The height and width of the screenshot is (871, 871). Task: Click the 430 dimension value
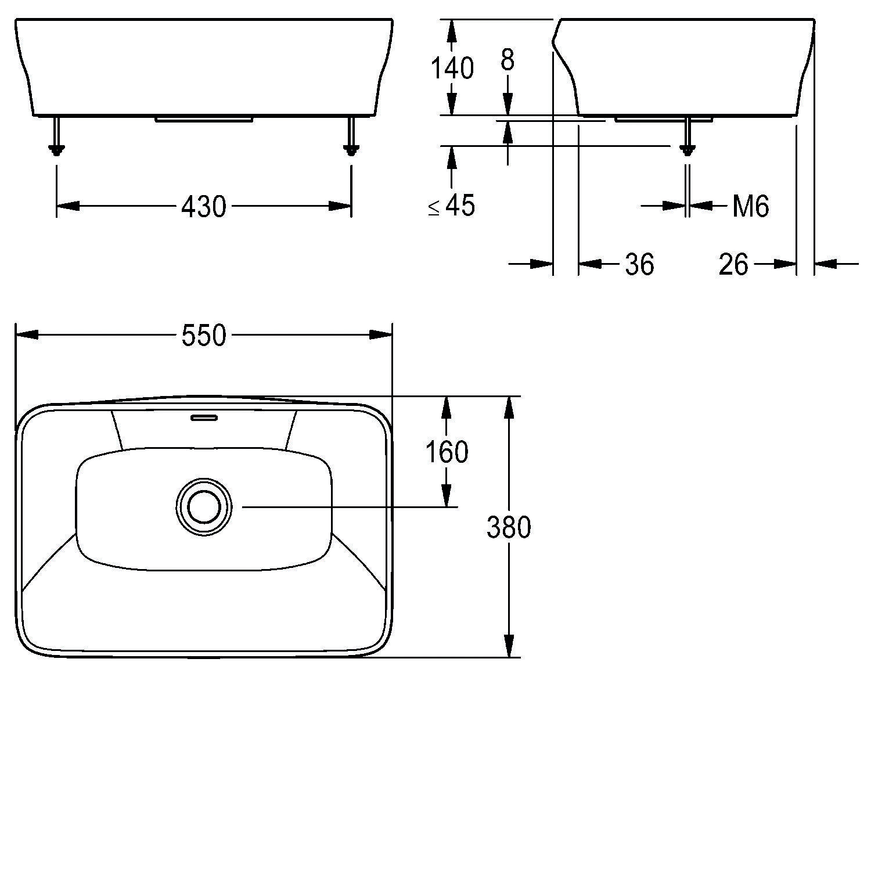coord(203,206)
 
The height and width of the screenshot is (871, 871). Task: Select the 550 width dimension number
coord(203,336)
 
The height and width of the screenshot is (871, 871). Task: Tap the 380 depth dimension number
coord(509,528)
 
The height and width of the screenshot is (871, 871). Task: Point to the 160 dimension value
coord(447,452)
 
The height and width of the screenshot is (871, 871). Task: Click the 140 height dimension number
coord(452,69)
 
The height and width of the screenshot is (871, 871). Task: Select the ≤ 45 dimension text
coord(452,206)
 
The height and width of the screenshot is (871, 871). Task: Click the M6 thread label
coord(750,206)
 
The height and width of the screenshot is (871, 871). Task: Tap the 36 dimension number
coord(639,265)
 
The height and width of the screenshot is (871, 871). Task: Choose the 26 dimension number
coord(733,265)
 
